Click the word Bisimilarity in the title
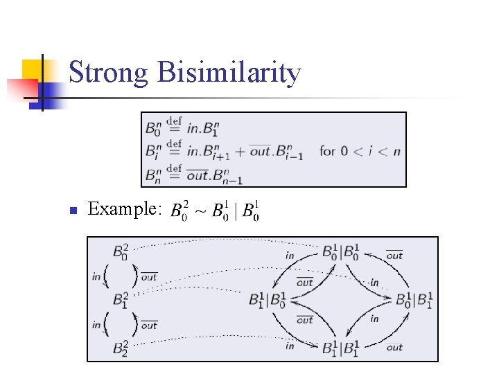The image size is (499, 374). [x=229, y=73]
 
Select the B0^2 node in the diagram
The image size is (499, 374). [x=120, y=251]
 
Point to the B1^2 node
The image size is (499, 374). [x=120, y=300]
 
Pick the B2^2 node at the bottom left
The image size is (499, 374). [x=120, y=347]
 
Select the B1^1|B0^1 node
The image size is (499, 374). [x=268, y=300]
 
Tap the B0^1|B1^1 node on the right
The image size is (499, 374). [x=414, y=300]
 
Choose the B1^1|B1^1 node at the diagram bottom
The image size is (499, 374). [x=340, y=347]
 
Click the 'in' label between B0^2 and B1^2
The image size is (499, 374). [x=96, y=276]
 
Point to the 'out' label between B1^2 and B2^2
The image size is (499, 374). [x=150, y=326]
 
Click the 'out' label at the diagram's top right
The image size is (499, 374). [x=394, y=256]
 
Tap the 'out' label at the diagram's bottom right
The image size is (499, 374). [x=394, y=347]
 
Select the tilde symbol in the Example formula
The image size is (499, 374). [x=200, y=211]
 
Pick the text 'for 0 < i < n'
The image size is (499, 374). [x=360, y=150]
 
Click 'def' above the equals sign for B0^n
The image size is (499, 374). [x=174, y=121]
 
